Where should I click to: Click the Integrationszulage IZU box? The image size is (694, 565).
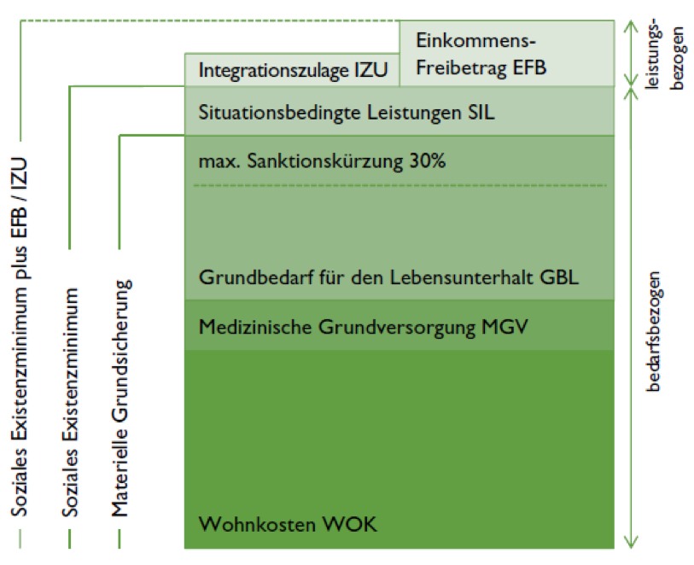click(292, 70)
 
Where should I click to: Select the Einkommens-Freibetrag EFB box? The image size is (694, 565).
click(507, 53)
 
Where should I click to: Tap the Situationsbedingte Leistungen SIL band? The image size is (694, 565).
click(399, 111)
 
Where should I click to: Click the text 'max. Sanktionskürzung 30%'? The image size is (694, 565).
click(322, 160)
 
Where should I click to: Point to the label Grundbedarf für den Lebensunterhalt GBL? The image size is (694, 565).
click(388, 278)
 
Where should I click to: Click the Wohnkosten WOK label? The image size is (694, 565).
click(288, 524)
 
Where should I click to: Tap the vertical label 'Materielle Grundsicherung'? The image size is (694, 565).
click(120, 399)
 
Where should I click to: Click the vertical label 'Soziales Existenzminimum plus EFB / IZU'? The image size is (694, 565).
click(20, 336)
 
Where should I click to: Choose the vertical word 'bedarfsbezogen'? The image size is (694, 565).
click(652, 331)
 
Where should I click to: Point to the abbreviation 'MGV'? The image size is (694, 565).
click(504, 327)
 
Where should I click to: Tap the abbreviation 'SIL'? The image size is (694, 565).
click(481, 112)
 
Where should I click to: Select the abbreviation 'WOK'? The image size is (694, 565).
click(350, 524)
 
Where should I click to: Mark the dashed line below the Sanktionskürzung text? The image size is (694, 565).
click(399, 185)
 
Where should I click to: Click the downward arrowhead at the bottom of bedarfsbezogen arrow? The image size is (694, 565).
click(631, 543)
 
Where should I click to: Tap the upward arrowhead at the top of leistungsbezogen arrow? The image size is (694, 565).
click(631, 26)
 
